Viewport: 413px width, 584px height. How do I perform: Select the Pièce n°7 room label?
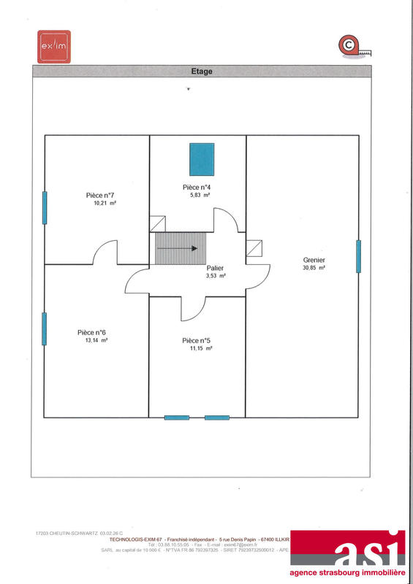tap(101, 195)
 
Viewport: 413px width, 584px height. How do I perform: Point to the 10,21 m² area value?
tap(105, 204)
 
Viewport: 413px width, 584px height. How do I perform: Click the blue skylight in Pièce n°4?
tap(202, 158)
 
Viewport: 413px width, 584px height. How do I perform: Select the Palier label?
tap(216, 268)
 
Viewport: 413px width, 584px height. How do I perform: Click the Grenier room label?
tap(314, 260)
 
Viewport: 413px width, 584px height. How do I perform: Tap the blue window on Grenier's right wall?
tap(358, 256)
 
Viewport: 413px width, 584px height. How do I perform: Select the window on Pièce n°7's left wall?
tap(45, 208)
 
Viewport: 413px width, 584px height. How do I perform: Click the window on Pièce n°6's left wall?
tap(45, 328)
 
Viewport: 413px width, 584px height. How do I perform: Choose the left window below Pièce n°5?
tap(177, 418)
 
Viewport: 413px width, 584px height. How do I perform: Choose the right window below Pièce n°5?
tap(217, 418)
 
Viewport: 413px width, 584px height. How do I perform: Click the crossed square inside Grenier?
tap(254, 249)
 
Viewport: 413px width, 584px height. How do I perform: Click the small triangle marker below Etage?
tap(189, 89)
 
